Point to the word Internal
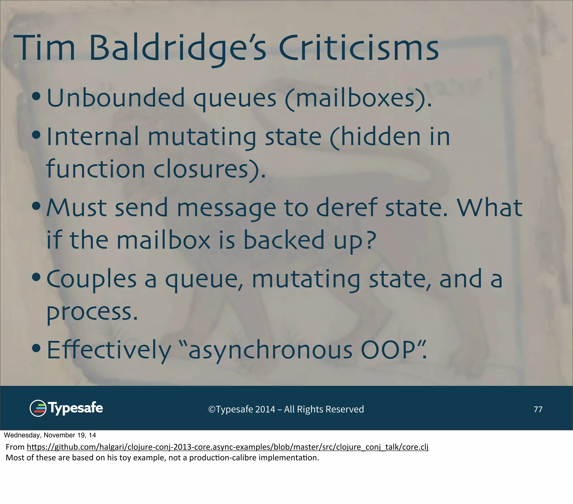[x=93, y=137]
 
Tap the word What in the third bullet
[x=489, y=208]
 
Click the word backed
[x=284, y=240]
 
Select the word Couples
[x=91, y=279]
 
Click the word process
[x=92, y=312]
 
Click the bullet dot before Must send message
[x=36, y=207]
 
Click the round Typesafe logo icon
[x=38, y=408]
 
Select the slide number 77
[x=538, y=409]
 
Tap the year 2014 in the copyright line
[x=265, y=409]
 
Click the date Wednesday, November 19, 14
[x=50, y=435]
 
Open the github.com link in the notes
[x=227, y=447]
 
